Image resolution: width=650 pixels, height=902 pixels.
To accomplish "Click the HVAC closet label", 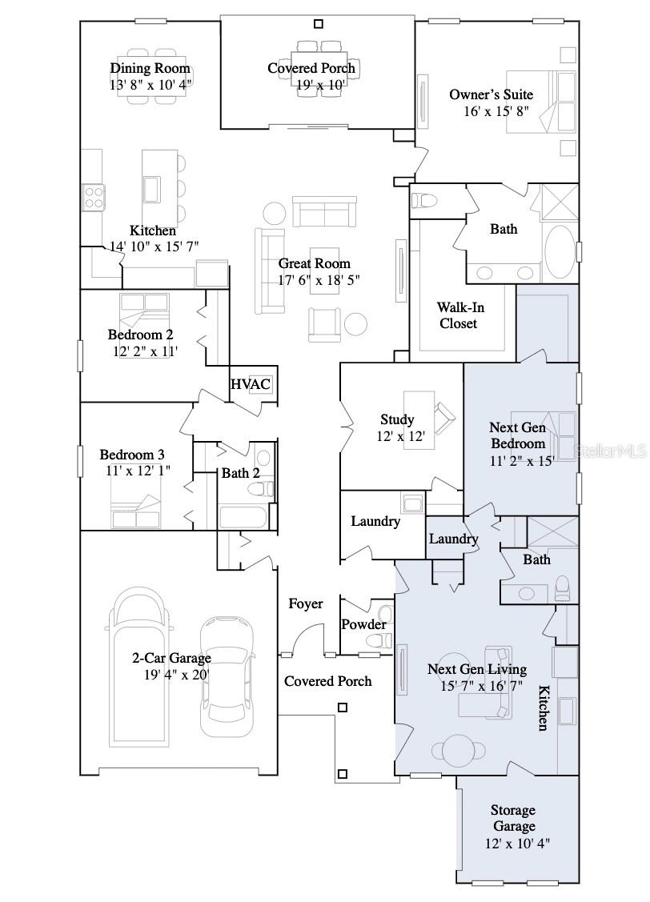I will (x=251, y=384).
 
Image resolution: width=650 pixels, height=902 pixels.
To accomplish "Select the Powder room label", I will (x=363, y=624).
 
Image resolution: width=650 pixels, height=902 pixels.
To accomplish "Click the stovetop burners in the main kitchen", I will (x=94, y=196).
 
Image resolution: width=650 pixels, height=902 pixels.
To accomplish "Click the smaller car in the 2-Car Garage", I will (x=227, y=676).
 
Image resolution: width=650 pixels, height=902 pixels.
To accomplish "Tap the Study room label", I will (x=397, y=419).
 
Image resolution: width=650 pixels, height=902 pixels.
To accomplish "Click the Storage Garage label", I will (x=513, y=818).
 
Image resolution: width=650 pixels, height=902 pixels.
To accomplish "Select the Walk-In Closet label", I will (x=460, y=315).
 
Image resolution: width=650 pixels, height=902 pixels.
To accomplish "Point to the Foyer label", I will (x=305, y=603).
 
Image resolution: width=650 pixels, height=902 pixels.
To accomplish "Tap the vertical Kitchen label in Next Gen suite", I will (x=542, y=708).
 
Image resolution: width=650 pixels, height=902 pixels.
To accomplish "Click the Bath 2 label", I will (x=240, y=473).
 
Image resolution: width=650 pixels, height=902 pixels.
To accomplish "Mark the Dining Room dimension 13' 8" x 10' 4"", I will (x=150, y=83).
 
